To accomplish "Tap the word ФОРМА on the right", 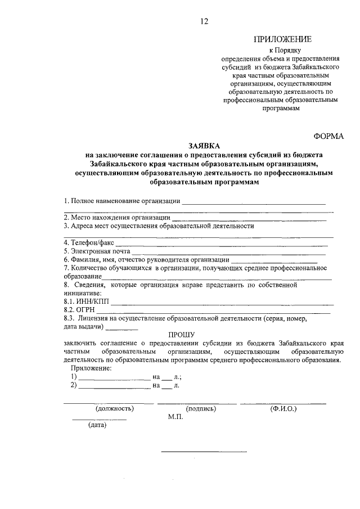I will [328, 136].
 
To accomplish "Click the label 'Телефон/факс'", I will [88, 242].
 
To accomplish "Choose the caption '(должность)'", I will [114, 409].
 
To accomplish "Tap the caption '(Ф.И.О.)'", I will [283, 409].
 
